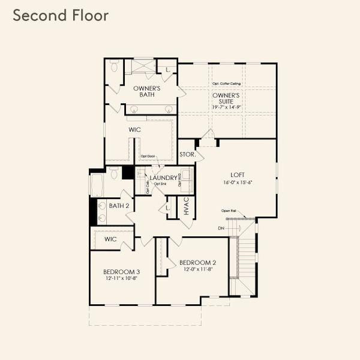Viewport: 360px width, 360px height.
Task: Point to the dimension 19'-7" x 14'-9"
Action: (x=226, y=107)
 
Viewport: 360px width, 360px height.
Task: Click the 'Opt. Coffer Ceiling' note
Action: (x=226, y=83)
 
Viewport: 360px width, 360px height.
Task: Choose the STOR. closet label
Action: (x=187, y=154)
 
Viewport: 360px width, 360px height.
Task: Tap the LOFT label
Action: (x=237, y=175)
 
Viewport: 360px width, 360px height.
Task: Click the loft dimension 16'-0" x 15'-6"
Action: (x=237, y=182)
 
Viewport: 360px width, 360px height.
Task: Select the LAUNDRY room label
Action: (x=163, y=178)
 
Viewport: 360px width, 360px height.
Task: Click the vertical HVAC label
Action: (x=187, y=206)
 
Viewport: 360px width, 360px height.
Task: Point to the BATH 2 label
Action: (x=119, y=205)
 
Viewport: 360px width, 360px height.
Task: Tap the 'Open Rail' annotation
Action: (x=229, y=211)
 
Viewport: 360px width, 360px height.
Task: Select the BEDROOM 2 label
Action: (x=197, y=262)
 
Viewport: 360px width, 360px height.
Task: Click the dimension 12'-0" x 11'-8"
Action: (x=197, y=269)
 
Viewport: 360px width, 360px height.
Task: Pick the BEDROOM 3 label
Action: (x=121, y=271)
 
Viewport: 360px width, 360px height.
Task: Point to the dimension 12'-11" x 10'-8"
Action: (x=121, y=278)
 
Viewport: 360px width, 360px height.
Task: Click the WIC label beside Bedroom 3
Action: (x=110, y=239)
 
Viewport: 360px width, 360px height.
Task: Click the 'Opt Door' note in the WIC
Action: (x=148, y=157)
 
